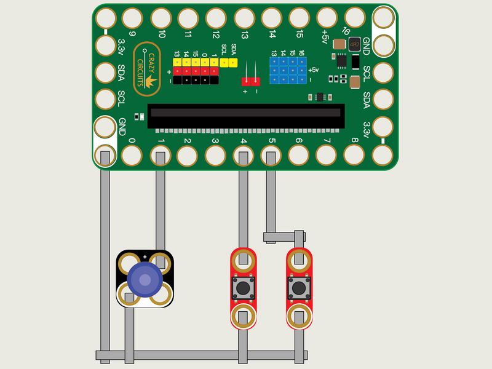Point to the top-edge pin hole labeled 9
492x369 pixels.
[x=133, y=17]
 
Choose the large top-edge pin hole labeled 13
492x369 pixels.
[x=244, y=17]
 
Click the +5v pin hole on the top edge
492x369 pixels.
[x=327, y=17]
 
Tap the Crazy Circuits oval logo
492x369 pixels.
[x=148, y=68]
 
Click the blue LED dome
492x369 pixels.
[x=145, y=280]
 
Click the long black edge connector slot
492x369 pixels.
[x=245, y=113]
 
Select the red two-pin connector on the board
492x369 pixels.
[x=250, y=81]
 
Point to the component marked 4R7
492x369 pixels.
[x=354, y=44]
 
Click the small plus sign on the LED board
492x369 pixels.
[x=145, y=256]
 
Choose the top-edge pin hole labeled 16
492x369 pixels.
[x=354, y=17]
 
